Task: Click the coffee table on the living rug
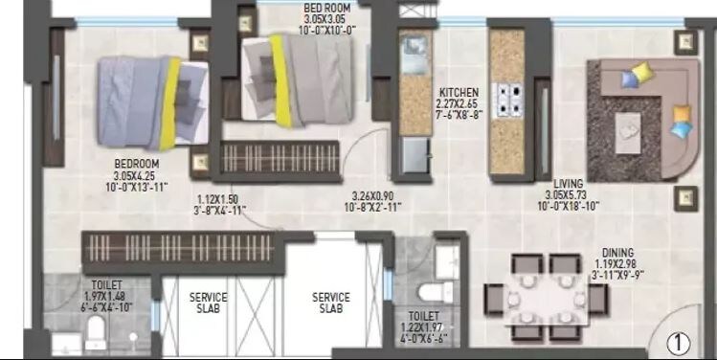(x=629, y=124)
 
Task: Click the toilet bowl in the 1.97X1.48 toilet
(x=95, y=332)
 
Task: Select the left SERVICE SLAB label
(x=208, y=303)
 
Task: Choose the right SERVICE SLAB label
(x=330, y=303)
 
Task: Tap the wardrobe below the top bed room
(x=280, y=157)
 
